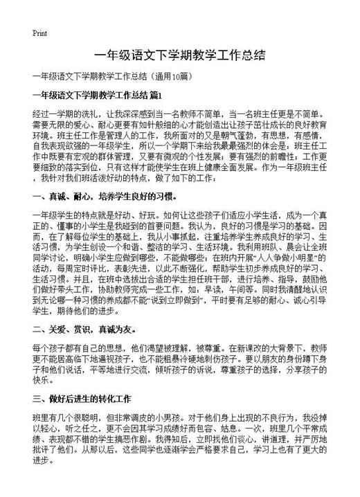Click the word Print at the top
pos(39,33)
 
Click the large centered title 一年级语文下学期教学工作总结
pos(179,55)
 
